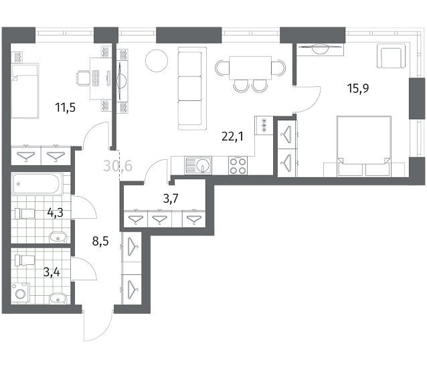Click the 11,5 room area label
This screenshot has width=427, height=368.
pyautogui.click(x=66, y=108)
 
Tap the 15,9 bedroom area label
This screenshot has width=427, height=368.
pyautogui.click(x=358, y=88)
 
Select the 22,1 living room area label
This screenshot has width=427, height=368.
pyautogui.click(x=232, y=136)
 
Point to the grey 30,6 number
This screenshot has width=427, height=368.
pyautogui.click(x=118, y=166)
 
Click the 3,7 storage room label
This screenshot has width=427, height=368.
pyautogui.click(x=171, y=199)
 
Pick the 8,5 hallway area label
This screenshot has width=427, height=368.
pyautogui.click(x=100, y=241)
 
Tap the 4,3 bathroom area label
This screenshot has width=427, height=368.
pyautogui.click(x=56, y=212)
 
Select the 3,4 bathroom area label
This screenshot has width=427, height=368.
pyautogui.click(x=52, y=272)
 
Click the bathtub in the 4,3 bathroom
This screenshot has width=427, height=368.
pyautogui.click(x=37, y=183)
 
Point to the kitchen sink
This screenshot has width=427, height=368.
pyautogui.click(x=198, y=165)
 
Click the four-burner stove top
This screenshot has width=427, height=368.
pyautogui.click(x=238, y=165)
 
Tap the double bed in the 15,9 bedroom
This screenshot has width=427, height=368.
pyautogui.click(x=364, y=147)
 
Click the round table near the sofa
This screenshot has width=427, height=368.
pyautogui.click(x=157, y=61)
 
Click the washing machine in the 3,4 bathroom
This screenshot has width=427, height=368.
pyautogui.click(x=21, y=294)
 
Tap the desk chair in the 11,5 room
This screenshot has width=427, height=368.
pyautogui.click(x=83, y=78)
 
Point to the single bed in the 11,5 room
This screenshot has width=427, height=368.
pyautogui.click(x=25, y=91)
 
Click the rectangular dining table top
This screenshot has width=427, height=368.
pyautogui.click(x=250, y=68)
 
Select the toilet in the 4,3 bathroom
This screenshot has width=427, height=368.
pyautogui.click(x=25, y=213)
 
